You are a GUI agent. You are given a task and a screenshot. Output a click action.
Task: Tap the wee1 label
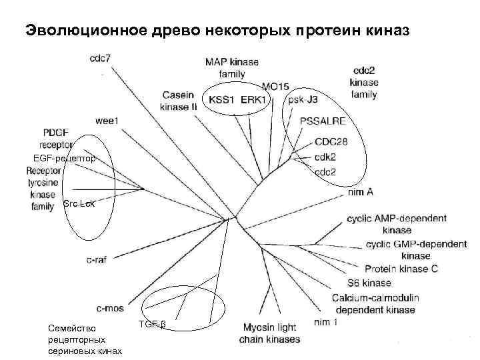[107, 121]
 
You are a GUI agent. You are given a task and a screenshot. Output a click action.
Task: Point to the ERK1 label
[253, 100]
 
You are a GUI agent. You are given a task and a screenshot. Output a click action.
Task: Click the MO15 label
[275, 86]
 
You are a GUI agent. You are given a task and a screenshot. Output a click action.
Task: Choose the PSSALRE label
[322, 121]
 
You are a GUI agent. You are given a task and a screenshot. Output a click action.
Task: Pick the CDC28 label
[332, 142]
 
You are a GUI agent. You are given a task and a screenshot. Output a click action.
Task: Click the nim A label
[359, 192]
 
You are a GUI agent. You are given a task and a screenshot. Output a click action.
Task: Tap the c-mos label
[110, 309]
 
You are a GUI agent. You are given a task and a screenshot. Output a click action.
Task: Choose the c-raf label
[97, 259]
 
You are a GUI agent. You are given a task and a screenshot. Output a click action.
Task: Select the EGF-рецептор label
[64, 158]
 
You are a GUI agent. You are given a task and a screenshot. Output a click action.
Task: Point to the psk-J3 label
[304, 100]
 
